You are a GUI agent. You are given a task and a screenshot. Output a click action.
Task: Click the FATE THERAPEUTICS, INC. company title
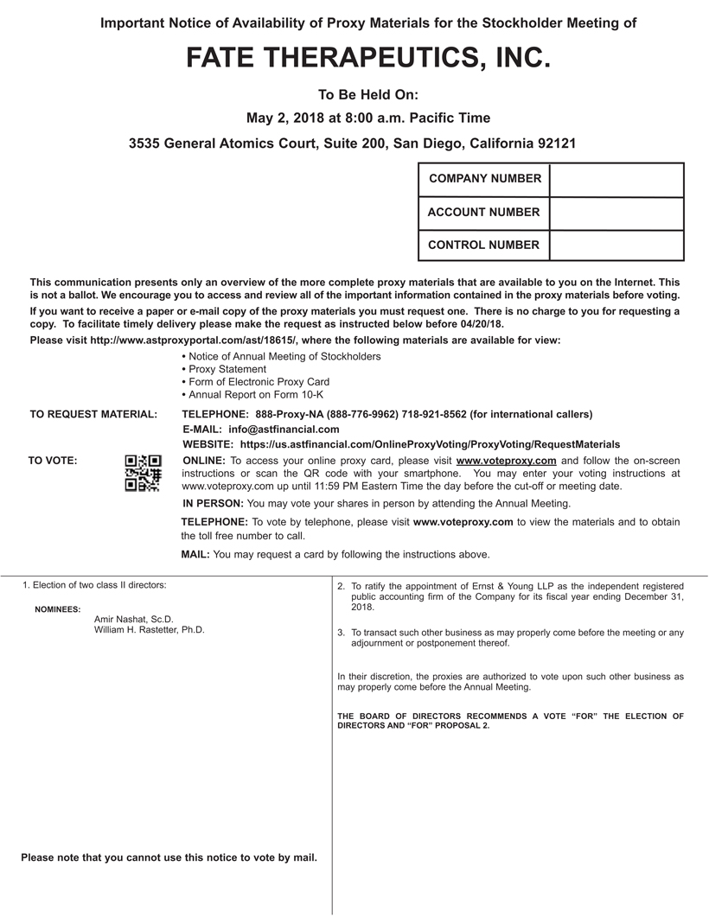pyautogui.click(x=368, y=58)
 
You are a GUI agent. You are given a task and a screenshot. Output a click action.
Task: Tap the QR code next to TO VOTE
pyautogui.click(x=143, y=473)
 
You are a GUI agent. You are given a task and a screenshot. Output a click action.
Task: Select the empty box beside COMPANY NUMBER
pyautogui.click(x=616, y=180)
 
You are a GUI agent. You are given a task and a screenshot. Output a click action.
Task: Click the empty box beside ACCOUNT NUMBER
pyautogui.click(x=616, y=213)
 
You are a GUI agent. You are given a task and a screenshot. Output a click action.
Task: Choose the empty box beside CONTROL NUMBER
pyautogui.click(x=616, y=245)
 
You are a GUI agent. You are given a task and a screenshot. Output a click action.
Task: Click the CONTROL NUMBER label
pyautogui.click(x=483, y=245)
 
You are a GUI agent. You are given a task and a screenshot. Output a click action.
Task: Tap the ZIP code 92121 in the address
pyautogui.click(x=556, y=143)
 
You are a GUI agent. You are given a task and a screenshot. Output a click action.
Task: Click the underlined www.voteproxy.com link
pyautogui.click(x=506, y=461)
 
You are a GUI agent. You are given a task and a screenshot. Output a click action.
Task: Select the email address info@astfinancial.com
pyautogui.click(x=284, y=429)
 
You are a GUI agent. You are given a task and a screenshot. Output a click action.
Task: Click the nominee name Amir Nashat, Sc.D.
pyautogui.click(x=134, y=619)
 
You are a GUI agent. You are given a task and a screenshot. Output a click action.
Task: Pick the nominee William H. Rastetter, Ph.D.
pyautogui.click(x=150, y=630)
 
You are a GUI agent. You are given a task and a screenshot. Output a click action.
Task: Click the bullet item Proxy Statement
pyautogui.click(x=227, y=369)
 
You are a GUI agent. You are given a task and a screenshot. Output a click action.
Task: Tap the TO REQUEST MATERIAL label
pyautogui.click(x=93, y=415)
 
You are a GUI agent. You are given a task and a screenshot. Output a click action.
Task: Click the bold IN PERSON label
pyautogui.click(x=213, y=503)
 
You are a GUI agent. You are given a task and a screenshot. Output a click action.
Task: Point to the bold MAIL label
pyautogui.click(x=195, y=554)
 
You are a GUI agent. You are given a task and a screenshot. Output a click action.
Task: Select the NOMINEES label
pyautogui.click(x=58, y=609)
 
